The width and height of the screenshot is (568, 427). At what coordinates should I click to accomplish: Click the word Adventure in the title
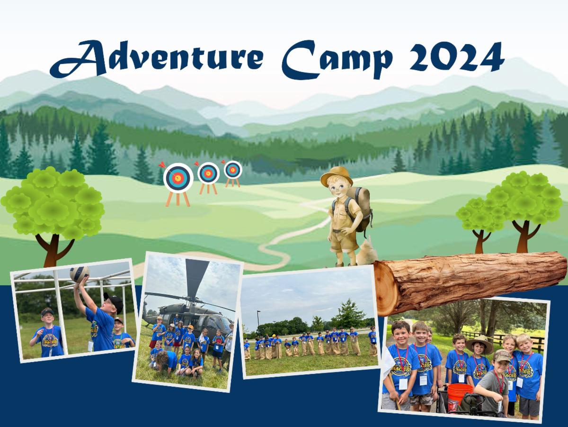(x=157, y=59)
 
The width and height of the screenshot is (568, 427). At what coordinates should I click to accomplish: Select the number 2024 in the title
(x=457, y=57)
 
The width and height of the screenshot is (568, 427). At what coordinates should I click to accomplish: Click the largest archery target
(x=178, y=178)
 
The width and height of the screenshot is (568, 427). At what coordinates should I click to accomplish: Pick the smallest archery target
(x=233, y=170)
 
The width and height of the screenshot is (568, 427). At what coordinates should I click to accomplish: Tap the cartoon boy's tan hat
(x=337, y=176)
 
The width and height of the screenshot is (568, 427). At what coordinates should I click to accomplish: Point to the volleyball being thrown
(x=80, y=273)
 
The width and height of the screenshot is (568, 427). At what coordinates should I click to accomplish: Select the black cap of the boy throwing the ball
(x=114, y=301)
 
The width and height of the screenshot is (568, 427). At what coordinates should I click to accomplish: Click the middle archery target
(x=208, y=173)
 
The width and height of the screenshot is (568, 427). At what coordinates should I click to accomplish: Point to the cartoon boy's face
(x=338, y=190)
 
